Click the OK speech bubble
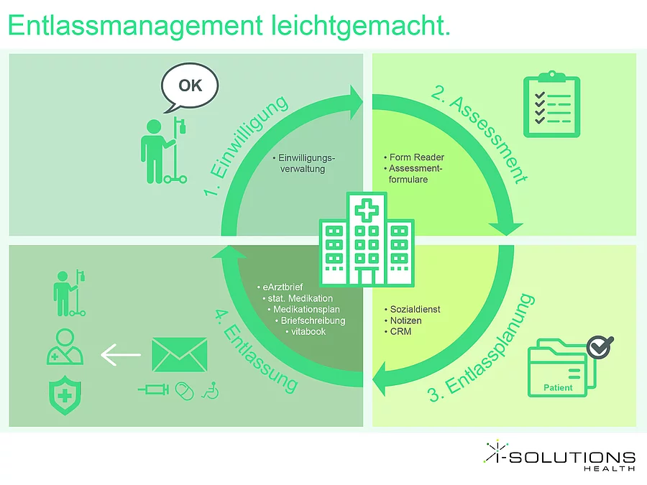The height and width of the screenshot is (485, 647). coord(190,87)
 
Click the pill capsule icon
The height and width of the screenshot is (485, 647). coord(185,390)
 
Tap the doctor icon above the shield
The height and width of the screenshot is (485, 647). coord(65,347)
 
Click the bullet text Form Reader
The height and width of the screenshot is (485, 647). coord(416,157)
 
